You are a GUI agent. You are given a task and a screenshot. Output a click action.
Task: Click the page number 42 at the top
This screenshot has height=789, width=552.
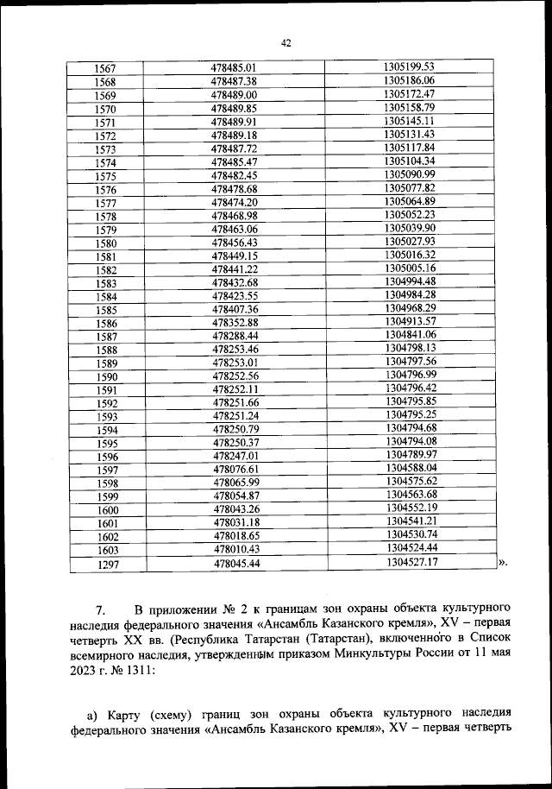287,41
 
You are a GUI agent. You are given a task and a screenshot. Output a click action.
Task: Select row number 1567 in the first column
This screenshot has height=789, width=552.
106,68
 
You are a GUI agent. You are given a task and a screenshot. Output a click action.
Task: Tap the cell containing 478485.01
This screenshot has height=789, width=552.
235,67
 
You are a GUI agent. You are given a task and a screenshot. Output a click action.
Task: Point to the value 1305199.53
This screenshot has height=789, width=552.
410,66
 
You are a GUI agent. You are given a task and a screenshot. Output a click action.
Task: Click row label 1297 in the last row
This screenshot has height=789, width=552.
106,565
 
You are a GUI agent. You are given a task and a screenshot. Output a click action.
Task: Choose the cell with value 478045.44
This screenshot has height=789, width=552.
235,564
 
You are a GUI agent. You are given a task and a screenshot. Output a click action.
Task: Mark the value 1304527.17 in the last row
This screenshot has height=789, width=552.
411,562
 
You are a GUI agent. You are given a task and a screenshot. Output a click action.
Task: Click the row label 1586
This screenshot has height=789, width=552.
106,324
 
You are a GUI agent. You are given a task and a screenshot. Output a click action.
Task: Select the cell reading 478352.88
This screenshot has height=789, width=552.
235,323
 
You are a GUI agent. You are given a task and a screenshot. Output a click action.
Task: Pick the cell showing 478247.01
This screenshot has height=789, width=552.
235,456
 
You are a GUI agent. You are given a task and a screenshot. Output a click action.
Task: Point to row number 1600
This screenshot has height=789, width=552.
106,510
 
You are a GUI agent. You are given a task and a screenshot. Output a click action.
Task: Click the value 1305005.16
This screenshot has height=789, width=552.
411,268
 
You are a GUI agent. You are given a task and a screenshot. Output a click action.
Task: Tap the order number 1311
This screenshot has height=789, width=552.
134,675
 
